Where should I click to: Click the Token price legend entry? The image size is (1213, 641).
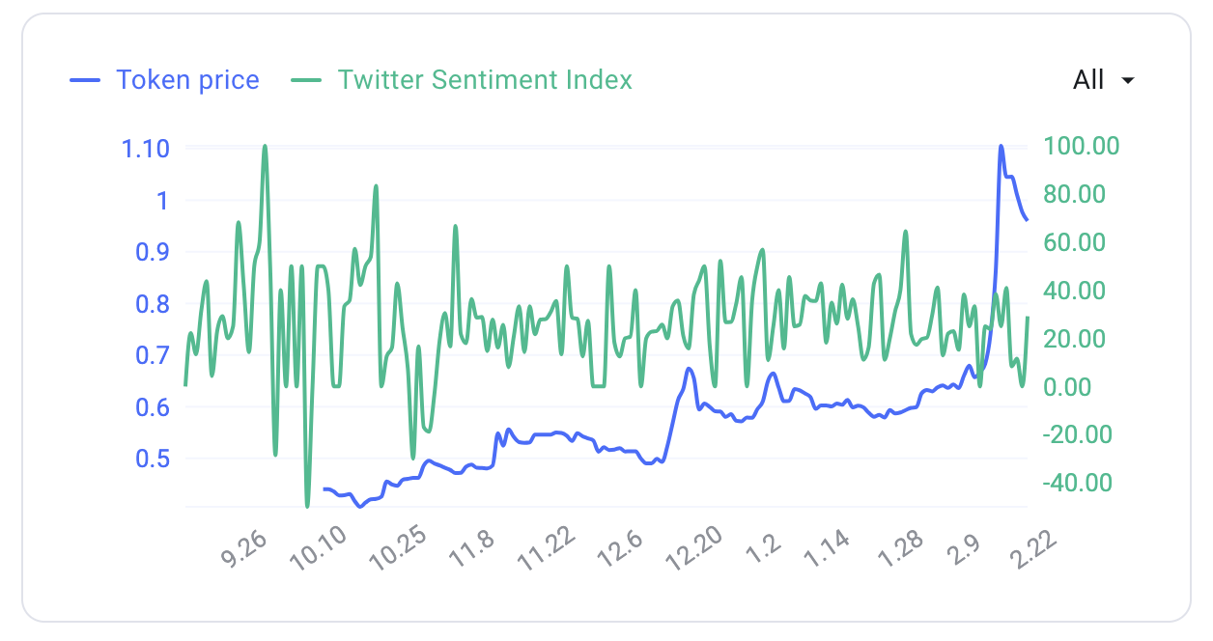[165, 79]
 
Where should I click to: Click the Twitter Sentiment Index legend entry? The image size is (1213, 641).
[462, 79]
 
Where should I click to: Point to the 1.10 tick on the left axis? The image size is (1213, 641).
[145, 149]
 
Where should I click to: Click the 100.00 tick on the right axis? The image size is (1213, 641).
[1081, 146]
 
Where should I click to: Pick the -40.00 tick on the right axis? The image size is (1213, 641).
[1077, 483]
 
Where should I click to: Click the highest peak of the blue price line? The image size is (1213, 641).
[1001, 147]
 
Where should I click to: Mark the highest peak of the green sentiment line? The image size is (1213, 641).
[265, 146]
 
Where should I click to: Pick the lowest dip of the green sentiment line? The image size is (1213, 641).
[307, 506]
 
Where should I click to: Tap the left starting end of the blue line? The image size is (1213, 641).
[324, 489]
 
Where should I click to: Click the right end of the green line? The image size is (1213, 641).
[1028, 318]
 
